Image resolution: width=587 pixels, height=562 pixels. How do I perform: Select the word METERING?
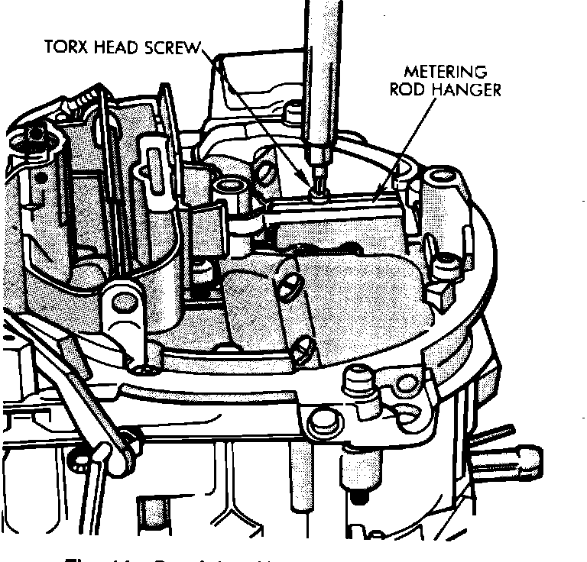[x=446, y=73]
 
